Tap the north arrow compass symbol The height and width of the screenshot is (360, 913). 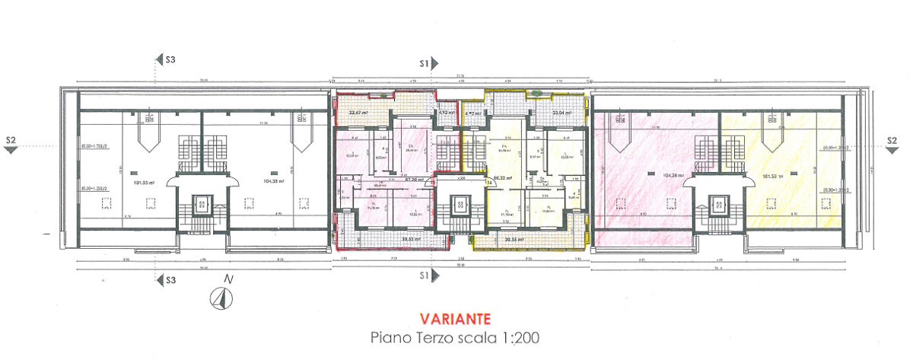[x=219, y=299]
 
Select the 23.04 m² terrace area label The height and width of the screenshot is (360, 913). [x=561, y=113]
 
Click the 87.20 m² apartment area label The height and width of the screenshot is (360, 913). [x=414, y=180]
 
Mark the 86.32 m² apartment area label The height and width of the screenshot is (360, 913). [x=501, y=179]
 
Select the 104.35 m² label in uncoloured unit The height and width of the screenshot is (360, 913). [x=273, y=182]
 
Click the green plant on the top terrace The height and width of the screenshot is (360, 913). [x=539, y=93]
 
